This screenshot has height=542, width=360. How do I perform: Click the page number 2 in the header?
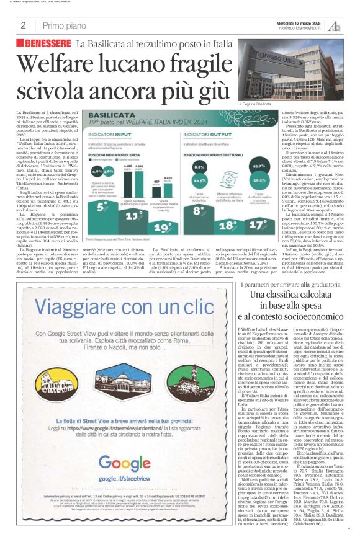point(23,25)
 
